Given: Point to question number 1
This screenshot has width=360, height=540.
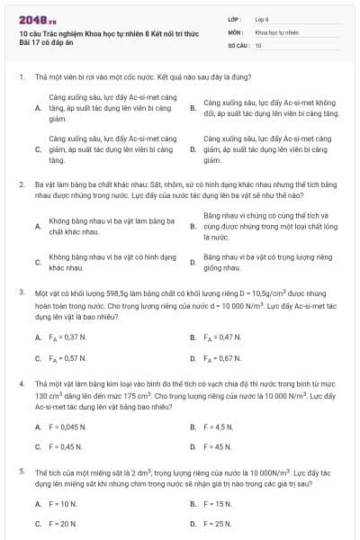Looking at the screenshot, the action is pyautogui.click(x=21, y=77).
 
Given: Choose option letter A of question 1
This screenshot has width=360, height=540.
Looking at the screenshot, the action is pyautogui.click(x=38, y=107).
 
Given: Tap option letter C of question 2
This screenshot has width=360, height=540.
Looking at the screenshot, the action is pyautogui.click(x=38, y=263).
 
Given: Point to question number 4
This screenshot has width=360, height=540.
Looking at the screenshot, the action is pyautogui.click(x=21, y=383).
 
